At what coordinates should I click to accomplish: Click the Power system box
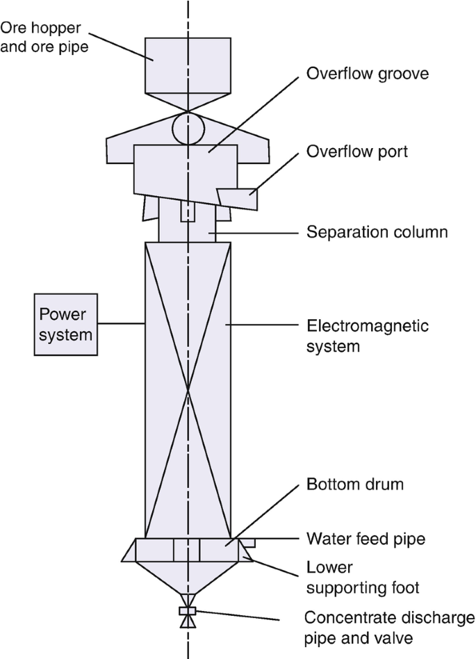point(66,324)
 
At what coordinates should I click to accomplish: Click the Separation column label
point(377,231)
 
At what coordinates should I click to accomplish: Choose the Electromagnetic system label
point(368,335)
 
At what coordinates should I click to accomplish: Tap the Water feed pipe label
point(366,538)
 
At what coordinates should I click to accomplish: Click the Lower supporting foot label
point(363,578)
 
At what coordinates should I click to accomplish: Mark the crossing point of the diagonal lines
point(188,390)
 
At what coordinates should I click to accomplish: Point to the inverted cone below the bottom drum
point(188,577)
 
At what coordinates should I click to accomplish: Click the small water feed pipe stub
point(249,542)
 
